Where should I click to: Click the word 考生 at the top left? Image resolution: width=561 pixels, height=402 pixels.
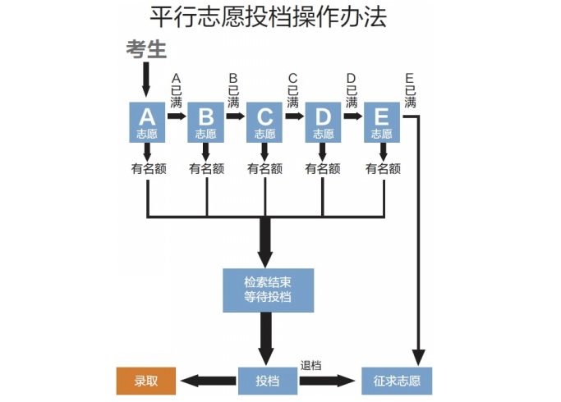(x=146, y=49)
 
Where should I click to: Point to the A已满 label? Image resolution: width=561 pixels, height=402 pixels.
(x=176, y=90)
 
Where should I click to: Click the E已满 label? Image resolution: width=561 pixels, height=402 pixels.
(x=410, y=90)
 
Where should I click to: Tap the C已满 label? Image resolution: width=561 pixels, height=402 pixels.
(x=292, y=90)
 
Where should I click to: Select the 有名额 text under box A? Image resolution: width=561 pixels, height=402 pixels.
(x=148, y=169)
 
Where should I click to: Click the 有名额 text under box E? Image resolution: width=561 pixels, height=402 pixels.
(x=383, y=169)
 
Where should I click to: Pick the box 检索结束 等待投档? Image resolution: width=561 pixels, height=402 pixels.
(x=268, y=289)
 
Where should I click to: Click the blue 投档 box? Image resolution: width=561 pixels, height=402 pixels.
(x=267, y=381)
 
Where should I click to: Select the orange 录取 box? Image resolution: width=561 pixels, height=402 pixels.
(x=145, y=381)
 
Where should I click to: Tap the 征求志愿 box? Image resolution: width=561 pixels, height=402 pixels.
(x=396, y=381)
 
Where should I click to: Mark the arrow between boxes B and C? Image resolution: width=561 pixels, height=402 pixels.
(x=235, y=116)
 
